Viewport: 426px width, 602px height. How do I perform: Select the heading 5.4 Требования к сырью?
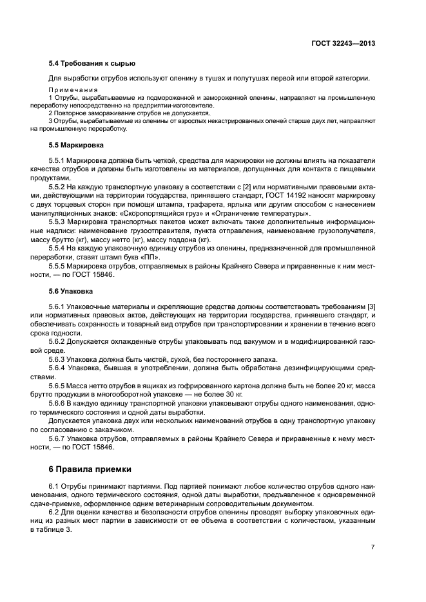pyautogui.click(x=92, y=63)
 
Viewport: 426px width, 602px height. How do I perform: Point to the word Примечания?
pyautogui.click(x=73, y=89)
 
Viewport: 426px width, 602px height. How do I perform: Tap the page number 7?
pyautogui.click(x=373, y=547)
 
